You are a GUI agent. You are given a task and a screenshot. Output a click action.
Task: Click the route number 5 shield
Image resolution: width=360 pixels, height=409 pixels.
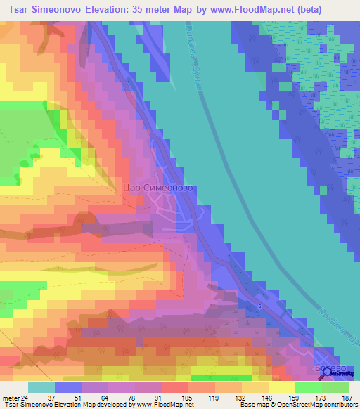(x=259, y=306)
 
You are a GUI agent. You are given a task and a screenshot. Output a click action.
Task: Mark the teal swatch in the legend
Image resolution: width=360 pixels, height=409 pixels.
(x=41, y=387)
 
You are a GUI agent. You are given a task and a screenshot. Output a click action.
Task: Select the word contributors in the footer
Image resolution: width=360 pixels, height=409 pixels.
(x=340, y=405)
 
